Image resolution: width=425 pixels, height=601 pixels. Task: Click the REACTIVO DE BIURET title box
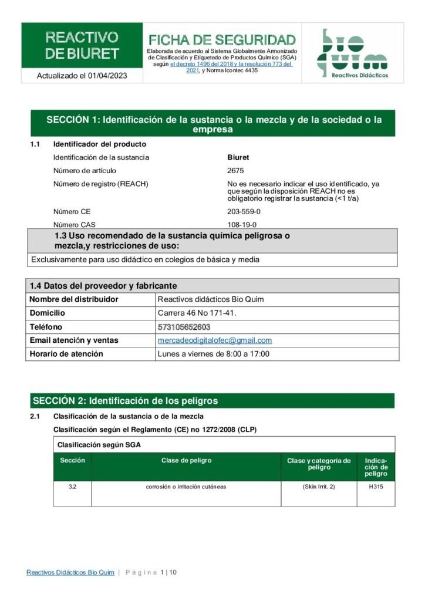tap(82, 46)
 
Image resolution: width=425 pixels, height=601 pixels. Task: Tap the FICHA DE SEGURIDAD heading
tap(222, 40)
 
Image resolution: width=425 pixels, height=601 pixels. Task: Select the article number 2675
tap(235, 171)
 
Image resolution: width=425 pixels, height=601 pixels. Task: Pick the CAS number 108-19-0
tap(241, 225)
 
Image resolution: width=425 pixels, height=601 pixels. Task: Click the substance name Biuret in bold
tap(238, 157)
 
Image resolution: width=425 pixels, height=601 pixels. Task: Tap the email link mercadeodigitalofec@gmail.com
tap(215, 340)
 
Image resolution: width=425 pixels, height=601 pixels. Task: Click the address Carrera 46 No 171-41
tap(197, 313)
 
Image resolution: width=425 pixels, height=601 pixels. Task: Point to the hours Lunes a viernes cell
tap(214, 354)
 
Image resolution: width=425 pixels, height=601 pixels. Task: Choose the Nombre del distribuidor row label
tap(74, 299)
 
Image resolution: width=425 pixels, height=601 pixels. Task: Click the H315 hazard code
tap(376, 487)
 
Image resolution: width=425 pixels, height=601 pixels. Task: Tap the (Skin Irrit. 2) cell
tap(319, 487)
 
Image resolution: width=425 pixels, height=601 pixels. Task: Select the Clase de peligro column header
tap(186, 461)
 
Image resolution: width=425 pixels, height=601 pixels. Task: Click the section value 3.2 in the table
tap(72, 487)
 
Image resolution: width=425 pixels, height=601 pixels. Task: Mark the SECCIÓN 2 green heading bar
tap(212, 401)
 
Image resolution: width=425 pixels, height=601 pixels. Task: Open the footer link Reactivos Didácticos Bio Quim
tap(70, 572)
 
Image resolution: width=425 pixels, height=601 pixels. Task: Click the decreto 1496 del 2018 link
tap(200, 64)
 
